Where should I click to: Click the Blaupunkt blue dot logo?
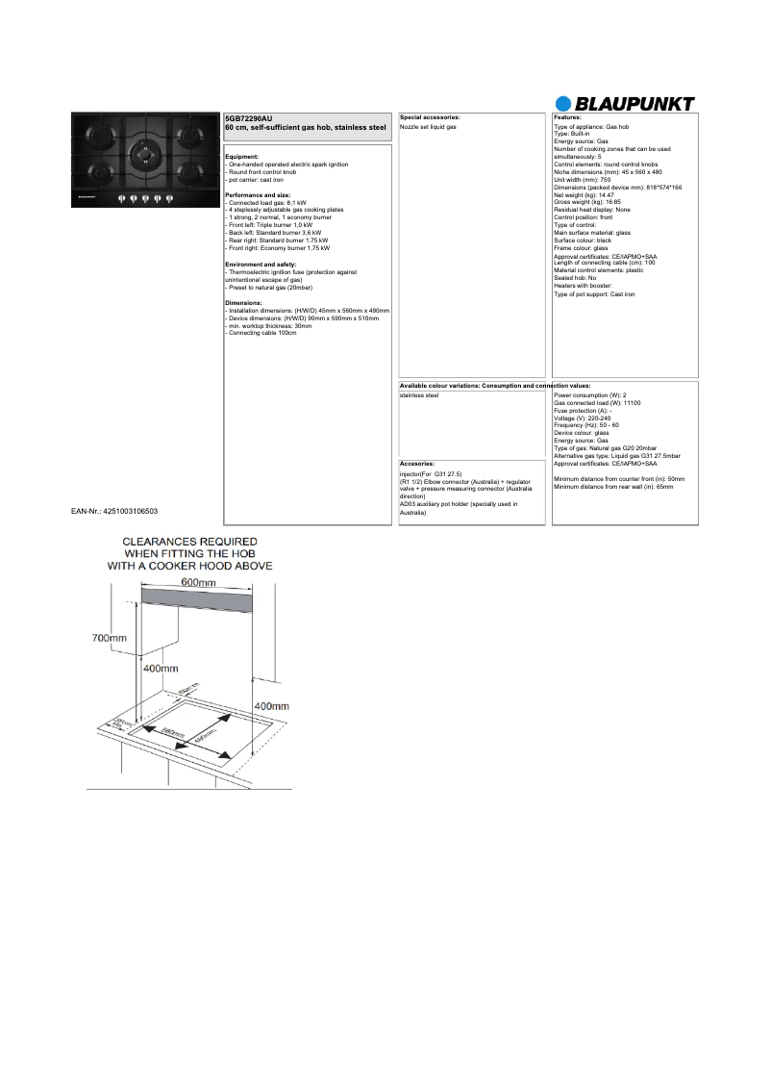(x=564, y=104)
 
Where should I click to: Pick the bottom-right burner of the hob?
(x=189, y=172)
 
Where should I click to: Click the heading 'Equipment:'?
(x=241, y=157)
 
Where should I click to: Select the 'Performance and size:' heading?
(x=257, y=195)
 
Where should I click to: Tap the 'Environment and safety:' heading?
(x=261, y=264)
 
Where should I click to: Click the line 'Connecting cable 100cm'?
(x=262, y=332)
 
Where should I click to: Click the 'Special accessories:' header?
(x=430, y=116)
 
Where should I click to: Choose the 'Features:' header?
(x=567, y=116)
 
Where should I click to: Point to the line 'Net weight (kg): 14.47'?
(x=584, y=194)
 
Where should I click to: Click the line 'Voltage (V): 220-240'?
(x=583, y=419)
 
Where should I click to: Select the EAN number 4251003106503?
(x=115, y=511)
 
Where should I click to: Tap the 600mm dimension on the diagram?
(x=198, y=583)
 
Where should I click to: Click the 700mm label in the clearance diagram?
(x=109, y=638)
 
